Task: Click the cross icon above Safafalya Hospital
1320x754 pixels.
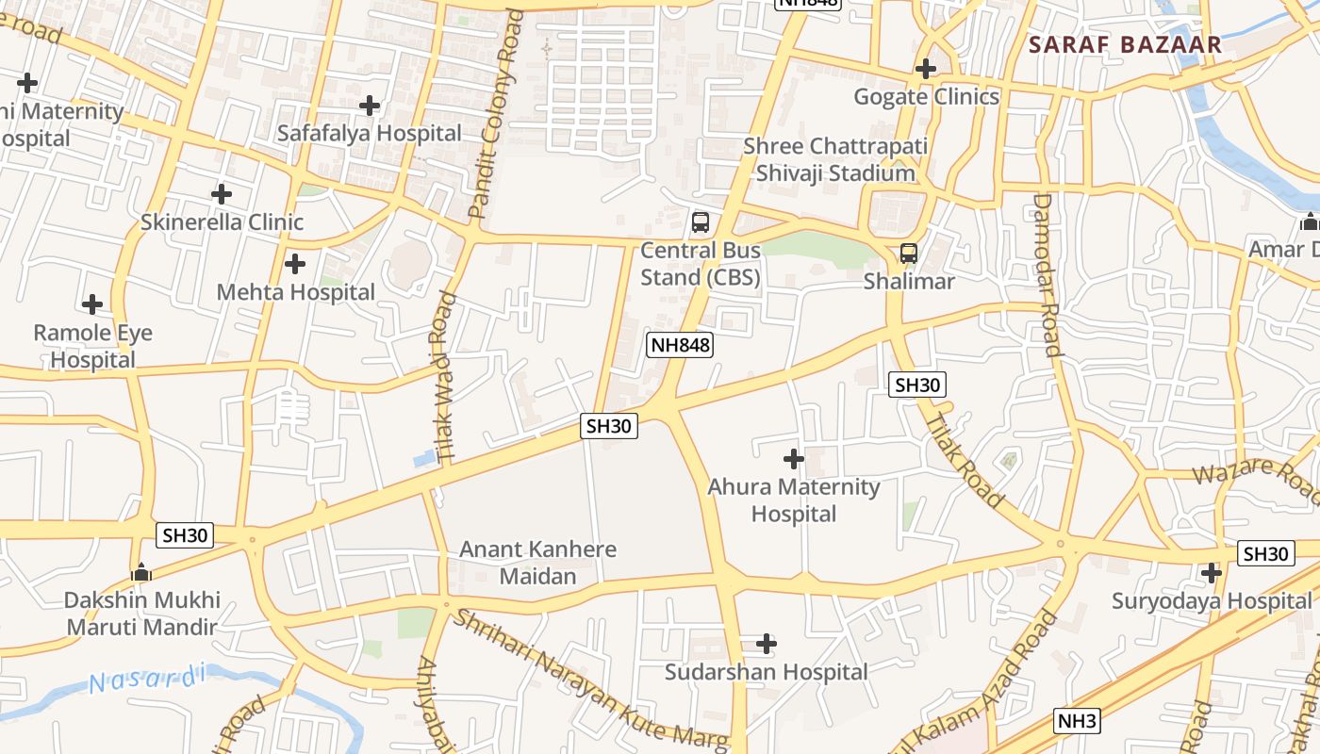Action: (370, 105)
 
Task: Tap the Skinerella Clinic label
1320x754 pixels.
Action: (222, 222)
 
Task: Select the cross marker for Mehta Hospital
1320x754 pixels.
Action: (295, 264)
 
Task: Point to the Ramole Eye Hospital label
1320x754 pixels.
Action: (92, 346)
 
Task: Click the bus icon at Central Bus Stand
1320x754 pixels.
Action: (700, 222)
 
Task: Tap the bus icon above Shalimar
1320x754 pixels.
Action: (909, 253)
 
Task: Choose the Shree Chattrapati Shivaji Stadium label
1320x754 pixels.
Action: (835, 159)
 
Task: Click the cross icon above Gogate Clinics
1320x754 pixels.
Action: (926, 69)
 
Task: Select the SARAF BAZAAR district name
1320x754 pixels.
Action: (1125, 44)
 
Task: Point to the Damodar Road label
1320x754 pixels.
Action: (1048, 274)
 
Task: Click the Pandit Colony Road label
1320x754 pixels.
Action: (496, 114)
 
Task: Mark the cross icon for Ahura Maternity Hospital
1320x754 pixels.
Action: (794, 459)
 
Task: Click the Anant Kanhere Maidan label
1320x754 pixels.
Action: (537, 562)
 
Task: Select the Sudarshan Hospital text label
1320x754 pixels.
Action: (766, 672)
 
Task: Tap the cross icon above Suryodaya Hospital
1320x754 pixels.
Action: (1212, 572)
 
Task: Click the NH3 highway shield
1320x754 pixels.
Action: (1077, 722)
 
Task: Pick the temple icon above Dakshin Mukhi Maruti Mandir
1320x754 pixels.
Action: (141, 572)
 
